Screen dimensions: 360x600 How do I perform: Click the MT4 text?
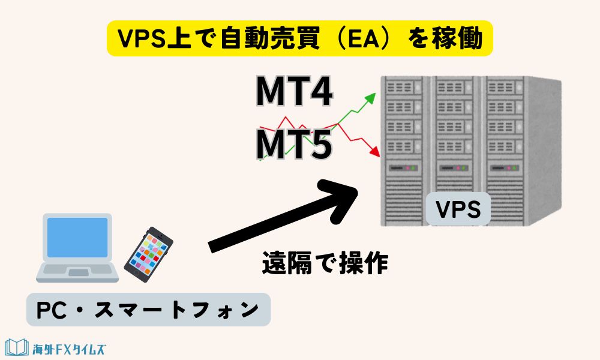point(295,91)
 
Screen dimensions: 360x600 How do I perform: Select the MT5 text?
point(295,144)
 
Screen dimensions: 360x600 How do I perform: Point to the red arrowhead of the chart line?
point(376,152)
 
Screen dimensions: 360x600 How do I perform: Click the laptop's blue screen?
point(78,238)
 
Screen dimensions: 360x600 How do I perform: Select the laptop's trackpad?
point(78,273)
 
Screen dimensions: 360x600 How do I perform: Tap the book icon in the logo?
point(16,347)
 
